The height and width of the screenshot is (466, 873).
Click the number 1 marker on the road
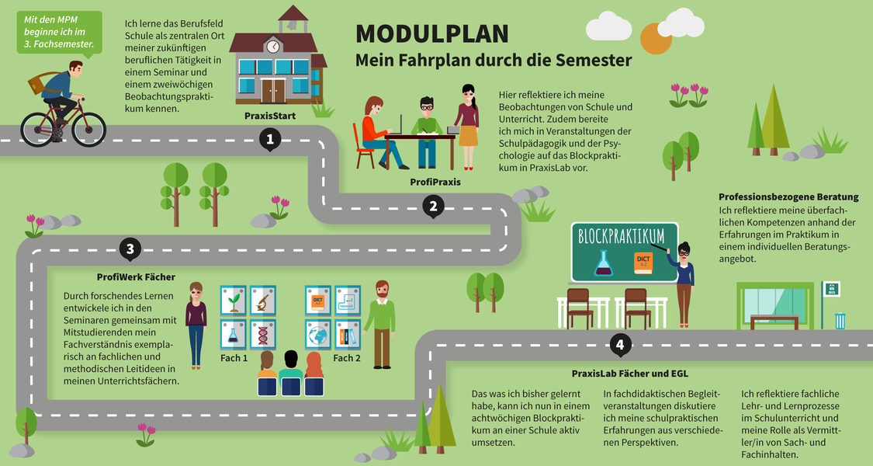click(x=269, y=140)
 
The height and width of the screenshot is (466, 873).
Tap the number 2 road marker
click(x=433, y=206)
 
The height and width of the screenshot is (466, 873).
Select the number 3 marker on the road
click(x=130, y=249)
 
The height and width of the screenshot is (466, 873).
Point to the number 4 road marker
click(x=618, y=344)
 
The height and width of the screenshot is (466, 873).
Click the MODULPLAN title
click(x=432, y=34)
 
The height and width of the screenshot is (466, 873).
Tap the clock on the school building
click(x=273, y=47)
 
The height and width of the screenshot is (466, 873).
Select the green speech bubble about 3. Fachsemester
click(x=58, y=33)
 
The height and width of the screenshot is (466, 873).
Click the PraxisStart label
click(x=269, y=116)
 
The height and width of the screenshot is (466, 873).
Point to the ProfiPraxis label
click(x=435, y=181)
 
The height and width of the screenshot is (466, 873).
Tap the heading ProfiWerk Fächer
click(x=136, y=276)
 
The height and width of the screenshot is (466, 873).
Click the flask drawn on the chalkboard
click(x=604, y=264)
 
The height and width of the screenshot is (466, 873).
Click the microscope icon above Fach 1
click(x=263, y=299)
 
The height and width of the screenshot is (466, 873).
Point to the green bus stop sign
click(x=830, y=289)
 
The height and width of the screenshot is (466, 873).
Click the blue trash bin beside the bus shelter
click(x=840, y=320)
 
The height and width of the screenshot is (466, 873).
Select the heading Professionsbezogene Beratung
click(x=788, y=196)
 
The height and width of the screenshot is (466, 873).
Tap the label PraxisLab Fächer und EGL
click(x=629, y=374)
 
